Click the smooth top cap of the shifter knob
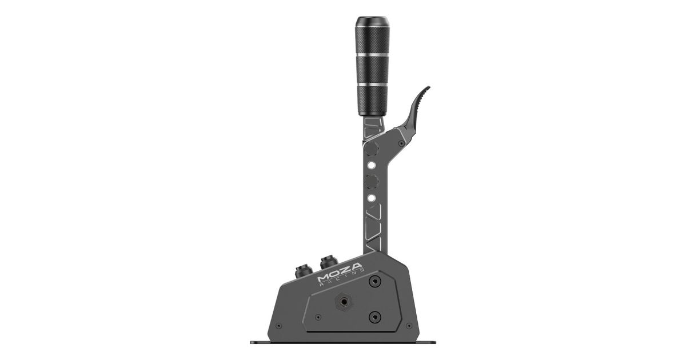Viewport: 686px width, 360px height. [372, 22]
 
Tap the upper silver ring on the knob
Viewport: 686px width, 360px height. [372, 55]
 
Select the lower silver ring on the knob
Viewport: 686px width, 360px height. [372, 85]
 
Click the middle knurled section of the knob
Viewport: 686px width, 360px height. [372, 70]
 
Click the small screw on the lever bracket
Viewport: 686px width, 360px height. [401, 143]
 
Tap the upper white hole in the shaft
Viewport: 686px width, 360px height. [372, 166]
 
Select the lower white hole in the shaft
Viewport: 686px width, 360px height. [372, 198]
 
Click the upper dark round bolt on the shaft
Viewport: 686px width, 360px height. [372, 149]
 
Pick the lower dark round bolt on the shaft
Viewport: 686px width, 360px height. [372, 182]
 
